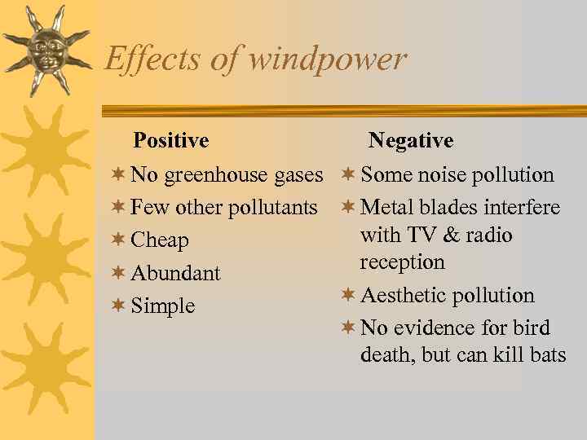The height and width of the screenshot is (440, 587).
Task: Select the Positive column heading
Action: point(170,141)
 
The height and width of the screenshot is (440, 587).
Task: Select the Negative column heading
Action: point(410,141)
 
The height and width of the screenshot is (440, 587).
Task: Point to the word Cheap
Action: point(160,240)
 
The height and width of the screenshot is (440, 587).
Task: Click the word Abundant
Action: point(175,273)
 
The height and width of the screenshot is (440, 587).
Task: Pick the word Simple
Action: point(163,306)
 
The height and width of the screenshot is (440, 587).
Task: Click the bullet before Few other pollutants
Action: point(118,207)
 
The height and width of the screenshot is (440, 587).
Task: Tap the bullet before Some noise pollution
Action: point(348,174)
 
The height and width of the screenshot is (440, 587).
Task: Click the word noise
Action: point(440,175)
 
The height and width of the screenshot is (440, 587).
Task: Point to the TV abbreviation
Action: point(422,235)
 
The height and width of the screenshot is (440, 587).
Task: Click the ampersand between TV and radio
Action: point(451,235)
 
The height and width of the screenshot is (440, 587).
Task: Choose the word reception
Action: point(402,262)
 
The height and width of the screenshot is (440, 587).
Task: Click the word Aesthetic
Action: point(404,296)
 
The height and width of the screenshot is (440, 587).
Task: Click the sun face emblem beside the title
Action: point(47,50)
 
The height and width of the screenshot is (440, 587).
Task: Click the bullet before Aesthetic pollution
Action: point(348,295)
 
